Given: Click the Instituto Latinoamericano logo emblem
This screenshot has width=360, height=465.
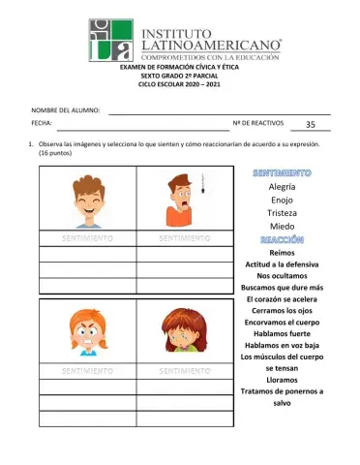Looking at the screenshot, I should (x=112, y=39).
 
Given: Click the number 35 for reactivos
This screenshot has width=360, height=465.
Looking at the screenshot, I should (x=310, y=125).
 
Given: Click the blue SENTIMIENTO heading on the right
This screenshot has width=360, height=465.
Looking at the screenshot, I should (x=282, y=172).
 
